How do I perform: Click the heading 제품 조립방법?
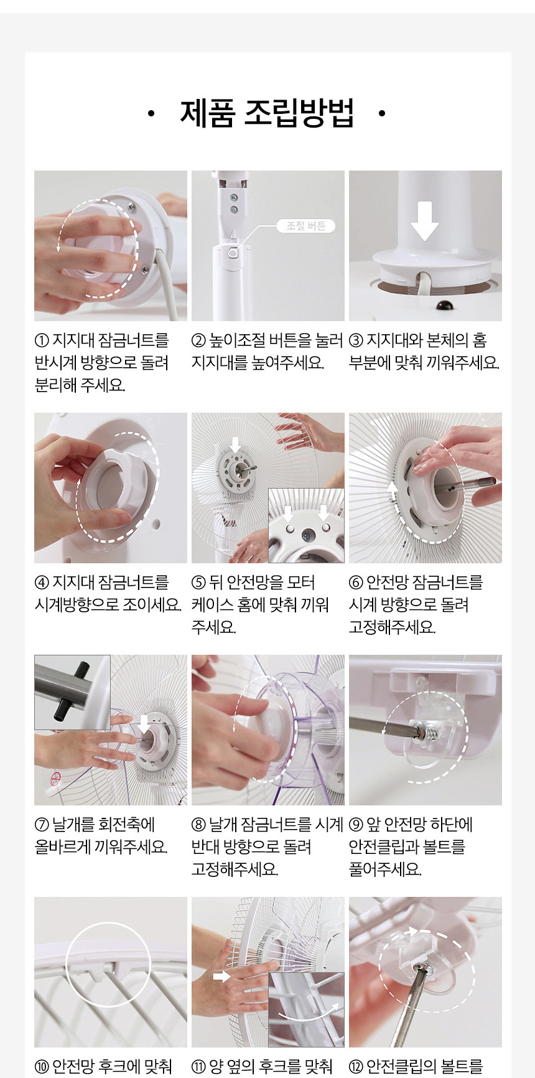(x=267, y=113)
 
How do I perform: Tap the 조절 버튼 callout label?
(x=305, y=226)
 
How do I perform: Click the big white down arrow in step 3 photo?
(x=425, y=221)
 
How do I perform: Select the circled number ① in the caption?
(x=42, y=340)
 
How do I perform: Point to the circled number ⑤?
(x=198, y=583)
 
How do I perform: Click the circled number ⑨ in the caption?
(x=356, y=825)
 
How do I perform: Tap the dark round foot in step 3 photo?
(x=444, y=305)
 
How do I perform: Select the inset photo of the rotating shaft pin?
(x=72, y=692)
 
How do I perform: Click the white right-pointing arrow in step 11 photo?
(x=221, y=977)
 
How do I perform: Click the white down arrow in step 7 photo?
(x=144, y=724)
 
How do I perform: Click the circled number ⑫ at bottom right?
(x=356, y=1067)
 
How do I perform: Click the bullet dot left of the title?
(x=151, y=113)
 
